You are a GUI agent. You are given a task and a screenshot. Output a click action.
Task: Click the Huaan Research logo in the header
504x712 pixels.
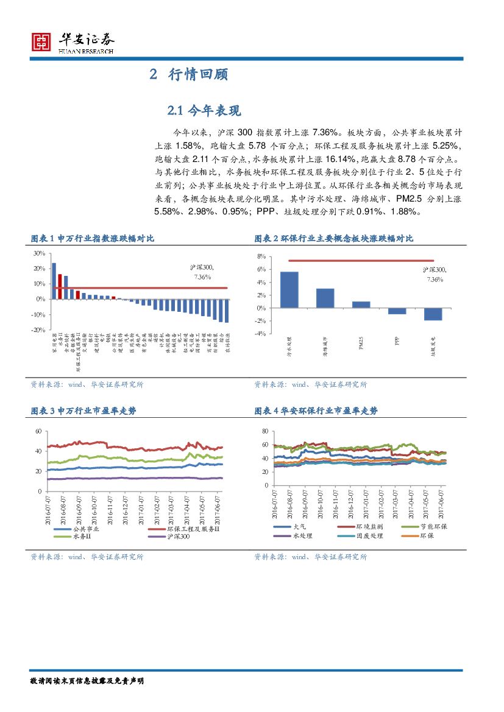pyautogui.click(x=73, y=42)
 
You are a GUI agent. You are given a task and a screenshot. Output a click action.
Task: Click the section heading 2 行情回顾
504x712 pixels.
pyautogui.click(x=189, y=75)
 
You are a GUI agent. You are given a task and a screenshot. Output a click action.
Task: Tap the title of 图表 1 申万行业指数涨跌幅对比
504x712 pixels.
pyautogui.click(x=92, y=238)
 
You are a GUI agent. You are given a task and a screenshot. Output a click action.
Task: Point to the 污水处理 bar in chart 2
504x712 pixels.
pyautogui.click(x=289, y=289)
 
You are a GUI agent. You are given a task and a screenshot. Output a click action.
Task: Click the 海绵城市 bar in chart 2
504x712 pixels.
pyautogui.click(x=325, y=298)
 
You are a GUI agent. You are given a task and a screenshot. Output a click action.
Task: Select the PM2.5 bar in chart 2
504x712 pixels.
pyautogui.click(x=361, y=305)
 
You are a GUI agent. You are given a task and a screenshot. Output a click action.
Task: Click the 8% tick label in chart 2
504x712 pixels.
pyautogui.click(x=261, y=257)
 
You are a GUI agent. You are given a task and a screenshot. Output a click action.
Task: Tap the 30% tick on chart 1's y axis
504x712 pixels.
pyautogui.click(x=38, y=253)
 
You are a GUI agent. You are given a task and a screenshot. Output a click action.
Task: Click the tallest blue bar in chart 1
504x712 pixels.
pyautogui.click(x=54, y=281)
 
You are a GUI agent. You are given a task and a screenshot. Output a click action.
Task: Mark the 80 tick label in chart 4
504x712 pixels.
pyautogui.click(x=264, y=431)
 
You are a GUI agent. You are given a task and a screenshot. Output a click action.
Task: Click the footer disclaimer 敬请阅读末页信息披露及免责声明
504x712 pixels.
pyautogui.click(x=87, y=681)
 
